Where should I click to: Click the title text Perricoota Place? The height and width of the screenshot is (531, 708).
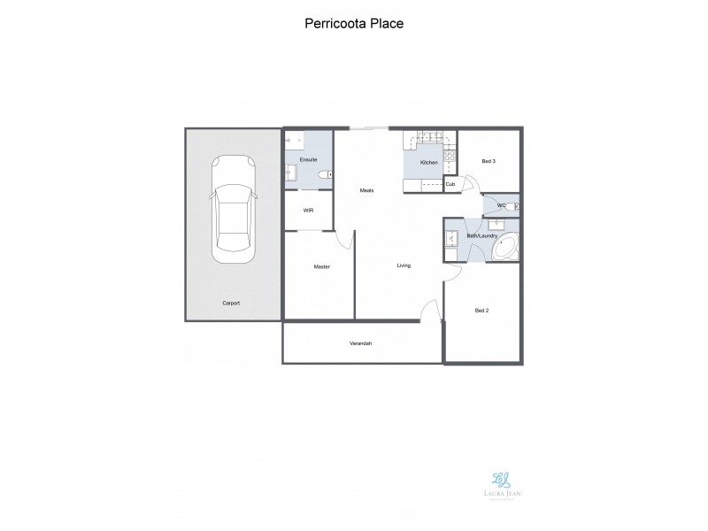tap(353, 24)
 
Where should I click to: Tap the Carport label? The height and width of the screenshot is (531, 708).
tap(231, 303)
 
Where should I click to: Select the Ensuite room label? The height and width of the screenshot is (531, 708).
tap(309, 160)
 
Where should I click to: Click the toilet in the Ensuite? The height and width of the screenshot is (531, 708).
tap(324, 174)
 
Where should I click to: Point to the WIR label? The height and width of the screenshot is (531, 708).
tap(308, 211)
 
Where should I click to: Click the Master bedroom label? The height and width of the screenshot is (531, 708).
tap(321, 266)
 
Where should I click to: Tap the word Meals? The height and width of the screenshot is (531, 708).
tap(367, 190)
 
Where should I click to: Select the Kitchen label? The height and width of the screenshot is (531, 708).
tap(429, 163)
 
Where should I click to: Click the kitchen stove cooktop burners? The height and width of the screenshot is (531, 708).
tap(450, 159)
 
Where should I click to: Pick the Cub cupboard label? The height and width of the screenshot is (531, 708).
tap(450, 184)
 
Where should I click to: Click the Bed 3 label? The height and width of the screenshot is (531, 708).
tap(488, 161)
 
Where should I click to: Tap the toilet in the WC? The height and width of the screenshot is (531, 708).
tap(516, 206)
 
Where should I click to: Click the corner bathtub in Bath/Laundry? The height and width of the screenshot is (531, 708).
tap(505, 247)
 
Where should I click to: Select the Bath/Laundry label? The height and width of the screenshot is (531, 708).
tap(482, 235)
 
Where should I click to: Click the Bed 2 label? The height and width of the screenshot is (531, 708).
tap(482, 311)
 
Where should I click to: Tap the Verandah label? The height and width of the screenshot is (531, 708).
tap(359, 342)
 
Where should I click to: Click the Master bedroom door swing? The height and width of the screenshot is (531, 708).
tap(345, 242)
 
